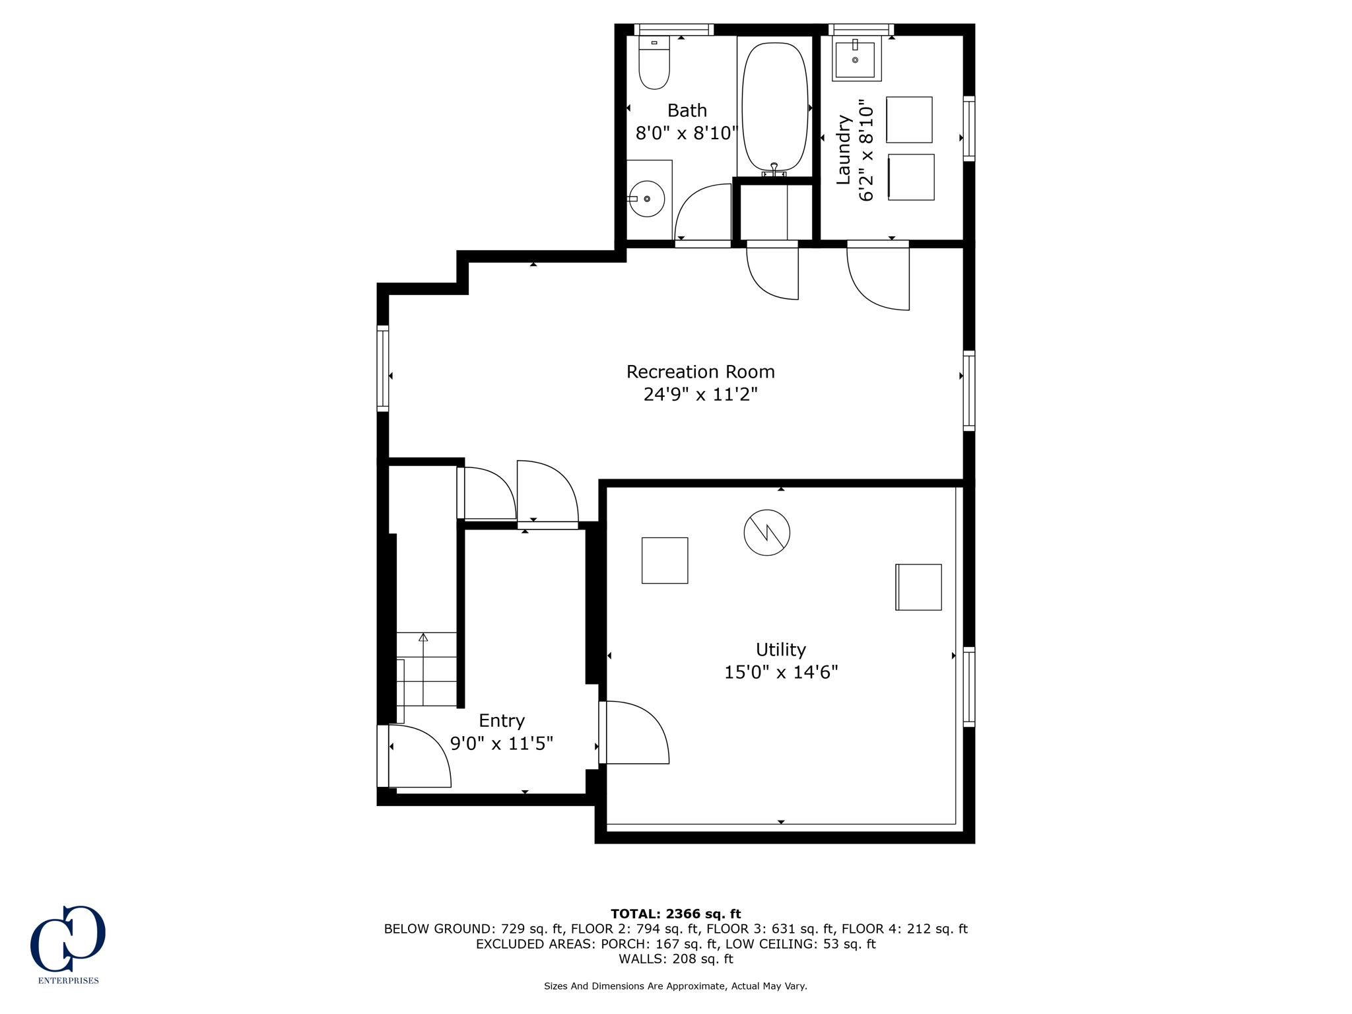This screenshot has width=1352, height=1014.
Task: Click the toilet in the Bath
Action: pyautogui.click(x=654, y=65)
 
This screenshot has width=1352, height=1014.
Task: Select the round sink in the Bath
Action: pyautogui.click(x=647, y=198)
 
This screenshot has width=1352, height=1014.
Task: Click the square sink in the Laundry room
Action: pyautogui.click(x=856, y=59)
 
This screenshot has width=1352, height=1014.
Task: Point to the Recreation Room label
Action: pyautogui.click(x=700, y=372)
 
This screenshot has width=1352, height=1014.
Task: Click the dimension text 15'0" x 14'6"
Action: pyautogui.click(x=781, y=672)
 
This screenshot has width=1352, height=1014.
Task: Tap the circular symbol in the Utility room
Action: pyautogui.click(x=766, y=532)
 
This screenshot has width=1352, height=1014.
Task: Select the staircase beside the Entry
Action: pyautogui.click(x=426, y=669)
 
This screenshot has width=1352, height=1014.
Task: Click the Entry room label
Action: pyautogui.click(x=502, y=720)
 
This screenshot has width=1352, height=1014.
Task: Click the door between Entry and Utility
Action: pyautogui.click(x=634, y=733)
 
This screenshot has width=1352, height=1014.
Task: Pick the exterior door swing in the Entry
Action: pyautogui.click(x=419, y=756)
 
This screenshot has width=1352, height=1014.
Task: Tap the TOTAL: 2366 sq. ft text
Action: pyautogui.click(x=675, y=914)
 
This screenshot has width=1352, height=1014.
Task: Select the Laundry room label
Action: pyautogui.click(x=843, y=150)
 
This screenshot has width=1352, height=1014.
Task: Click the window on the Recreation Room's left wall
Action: pyautogui.click(x=382, y=368)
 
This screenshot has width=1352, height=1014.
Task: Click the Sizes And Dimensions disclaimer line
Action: pyautogui.click(x=675, y=986)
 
